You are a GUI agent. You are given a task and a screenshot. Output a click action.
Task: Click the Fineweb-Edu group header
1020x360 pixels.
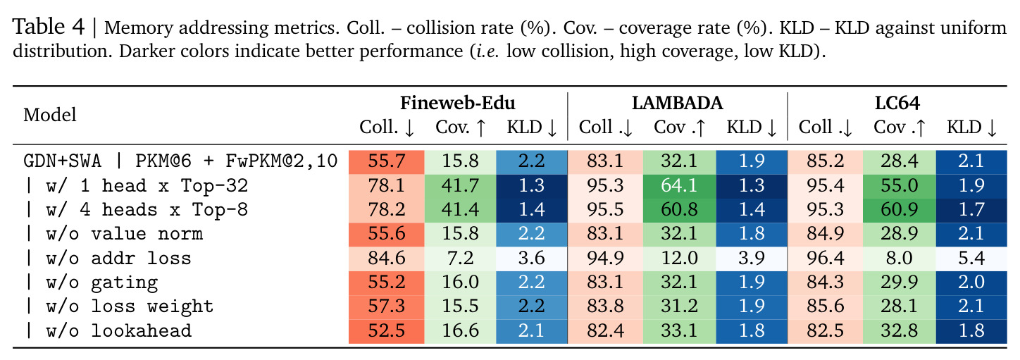tap(458, 103)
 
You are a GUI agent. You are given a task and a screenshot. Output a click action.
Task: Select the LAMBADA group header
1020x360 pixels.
tap(677, 103)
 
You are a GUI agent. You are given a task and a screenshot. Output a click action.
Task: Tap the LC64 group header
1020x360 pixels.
tap(897, 103)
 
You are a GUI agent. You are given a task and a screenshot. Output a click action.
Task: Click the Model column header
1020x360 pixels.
tap(49, 115)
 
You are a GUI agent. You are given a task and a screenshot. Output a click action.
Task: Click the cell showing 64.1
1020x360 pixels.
tap(679, 185)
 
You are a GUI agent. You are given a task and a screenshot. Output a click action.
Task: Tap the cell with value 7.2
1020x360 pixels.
tap(460, 259)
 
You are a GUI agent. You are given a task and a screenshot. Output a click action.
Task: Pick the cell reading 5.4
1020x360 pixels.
tap(971, 259)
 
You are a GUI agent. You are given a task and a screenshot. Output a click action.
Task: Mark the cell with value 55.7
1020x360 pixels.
tap(387, 161)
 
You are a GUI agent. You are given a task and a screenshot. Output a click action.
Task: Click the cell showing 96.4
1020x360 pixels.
tap(825, 259)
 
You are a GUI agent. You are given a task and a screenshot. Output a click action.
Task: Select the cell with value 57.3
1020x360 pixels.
tap(387, 306)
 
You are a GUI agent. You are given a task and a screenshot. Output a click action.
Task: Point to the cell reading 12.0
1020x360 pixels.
tap(679, 259)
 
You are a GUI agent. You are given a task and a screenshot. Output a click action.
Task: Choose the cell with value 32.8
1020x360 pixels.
tap(900, 331)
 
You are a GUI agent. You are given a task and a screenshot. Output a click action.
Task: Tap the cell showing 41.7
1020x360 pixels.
tap(460, 185)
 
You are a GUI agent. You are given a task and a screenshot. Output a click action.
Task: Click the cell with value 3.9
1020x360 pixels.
tap(752, 259)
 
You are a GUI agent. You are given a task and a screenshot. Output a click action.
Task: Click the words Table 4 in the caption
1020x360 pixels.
tap(49, 27)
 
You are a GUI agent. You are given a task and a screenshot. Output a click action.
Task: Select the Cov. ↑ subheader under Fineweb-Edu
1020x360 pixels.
tap(461, 127)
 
